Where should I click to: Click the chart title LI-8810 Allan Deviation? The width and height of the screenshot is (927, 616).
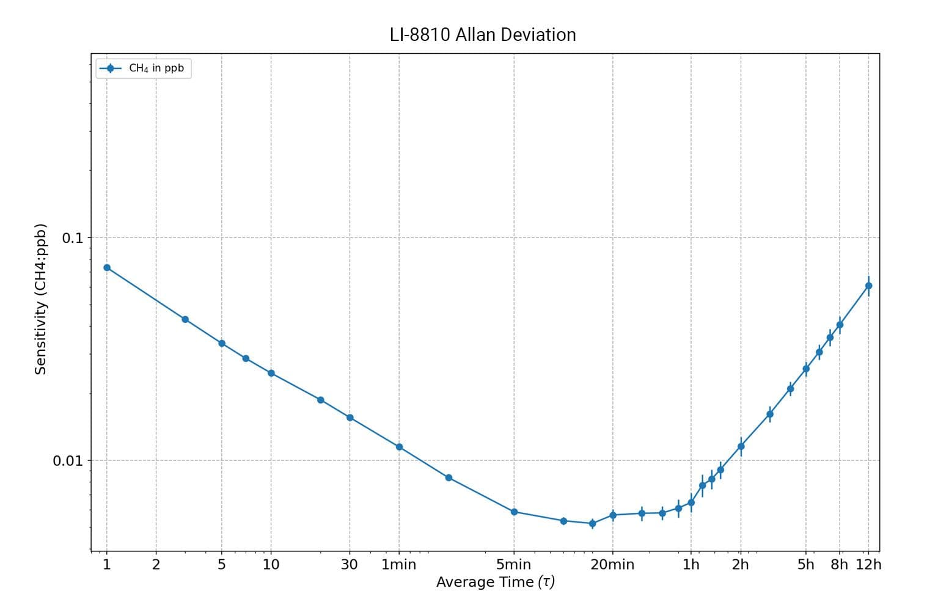pyautogui.click(x=483, y=35)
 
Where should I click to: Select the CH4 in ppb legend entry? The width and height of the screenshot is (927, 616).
pyautogui.click(x=156, y=68)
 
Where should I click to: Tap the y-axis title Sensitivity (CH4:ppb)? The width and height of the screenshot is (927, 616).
pyautogui.click(x=41, y=299)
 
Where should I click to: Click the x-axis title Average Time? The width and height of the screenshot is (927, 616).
pyautogui.click(x=495, y=582)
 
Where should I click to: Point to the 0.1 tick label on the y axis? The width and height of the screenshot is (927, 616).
pyautogui.click(x=72, y=238)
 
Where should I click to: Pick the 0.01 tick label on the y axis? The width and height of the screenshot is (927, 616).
pyautogui.click(x=68, y=461)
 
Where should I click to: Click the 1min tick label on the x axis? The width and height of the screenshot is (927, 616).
pyautogui.click(x=398, y=565)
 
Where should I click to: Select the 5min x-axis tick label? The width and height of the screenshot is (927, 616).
pyautogui.click(x=513, y=565)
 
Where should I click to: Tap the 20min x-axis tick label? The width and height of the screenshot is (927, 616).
pyautogui.click(x=612, y=565)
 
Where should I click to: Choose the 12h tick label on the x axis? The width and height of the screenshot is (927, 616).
pyautogui.click(x=868, y=565)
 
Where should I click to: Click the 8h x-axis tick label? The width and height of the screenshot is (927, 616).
pyautogui.click(x=839, y=565)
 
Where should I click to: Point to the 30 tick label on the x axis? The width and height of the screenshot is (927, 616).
pyautogui.click(x=349, y=565)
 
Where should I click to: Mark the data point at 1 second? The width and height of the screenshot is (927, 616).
pyautogui.click(x=107, y=267)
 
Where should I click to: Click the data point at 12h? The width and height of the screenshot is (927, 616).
pyautogui.click(x=868, y=286)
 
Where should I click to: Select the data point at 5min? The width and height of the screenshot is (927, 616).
pyautogui.click(x=514, y=512)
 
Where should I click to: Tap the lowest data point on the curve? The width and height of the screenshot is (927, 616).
pyautogui.click(x=592, y=523)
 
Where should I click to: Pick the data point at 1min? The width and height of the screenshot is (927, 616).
pyautogui.click(x=399, y=447)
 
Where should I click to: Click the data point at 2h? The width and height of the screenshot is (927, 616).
pyautogui.click(x=741, y=446)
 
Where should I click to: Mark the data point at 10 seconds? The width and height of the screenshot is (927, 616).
pyautogui.click(x=271, y=373)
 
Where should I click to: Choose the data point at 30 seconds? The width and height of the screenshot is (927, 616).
pyautogui.click(x=350, y=418)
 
